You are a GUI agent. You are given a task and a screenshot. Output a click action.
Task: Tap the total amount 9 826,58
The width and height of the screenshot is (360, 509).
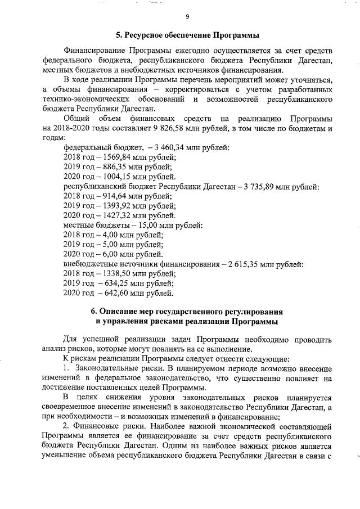pyautogui.click(x=170, y=128)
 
